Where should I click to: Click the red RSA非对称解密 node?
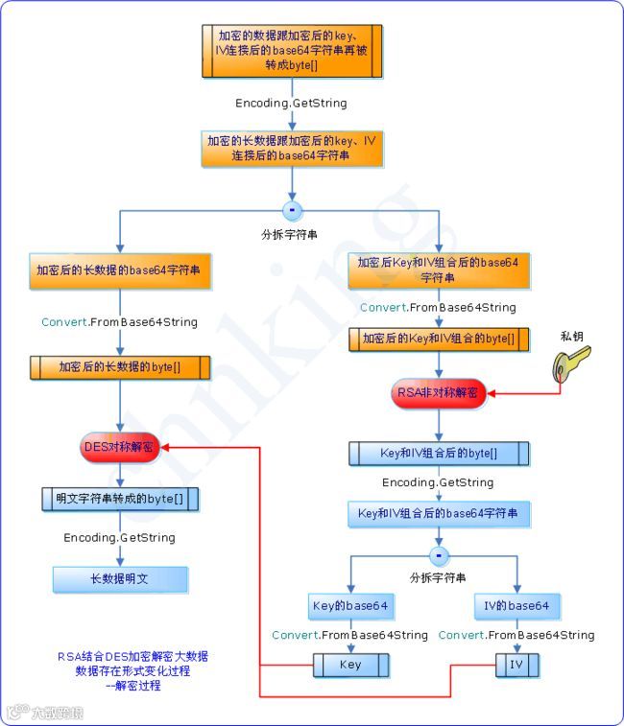point(439,393)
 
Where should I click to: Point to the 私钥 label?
point(573,336)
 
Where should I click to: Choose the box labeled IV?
point(516,665)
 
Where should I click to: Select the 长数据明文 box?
point(120,579)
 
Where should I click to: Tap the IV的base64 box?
point(516,606)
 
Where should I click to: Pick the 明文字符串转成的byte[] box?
point(120,500)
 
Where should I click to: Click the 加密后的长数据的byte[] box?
point(120,366)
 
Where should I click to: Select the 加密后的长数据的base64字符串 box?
point(120,271)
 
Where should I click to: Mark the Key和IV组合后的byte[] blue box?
point(438,453)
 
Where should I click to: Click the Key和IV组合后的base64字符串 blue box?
point(438,514)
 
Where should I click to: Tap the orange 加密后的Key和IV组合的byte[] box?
point(438,339)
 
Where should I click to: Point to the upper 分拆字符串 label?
point(290,233)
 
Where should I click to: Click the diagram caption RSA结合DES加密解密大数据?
point(132,657)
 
